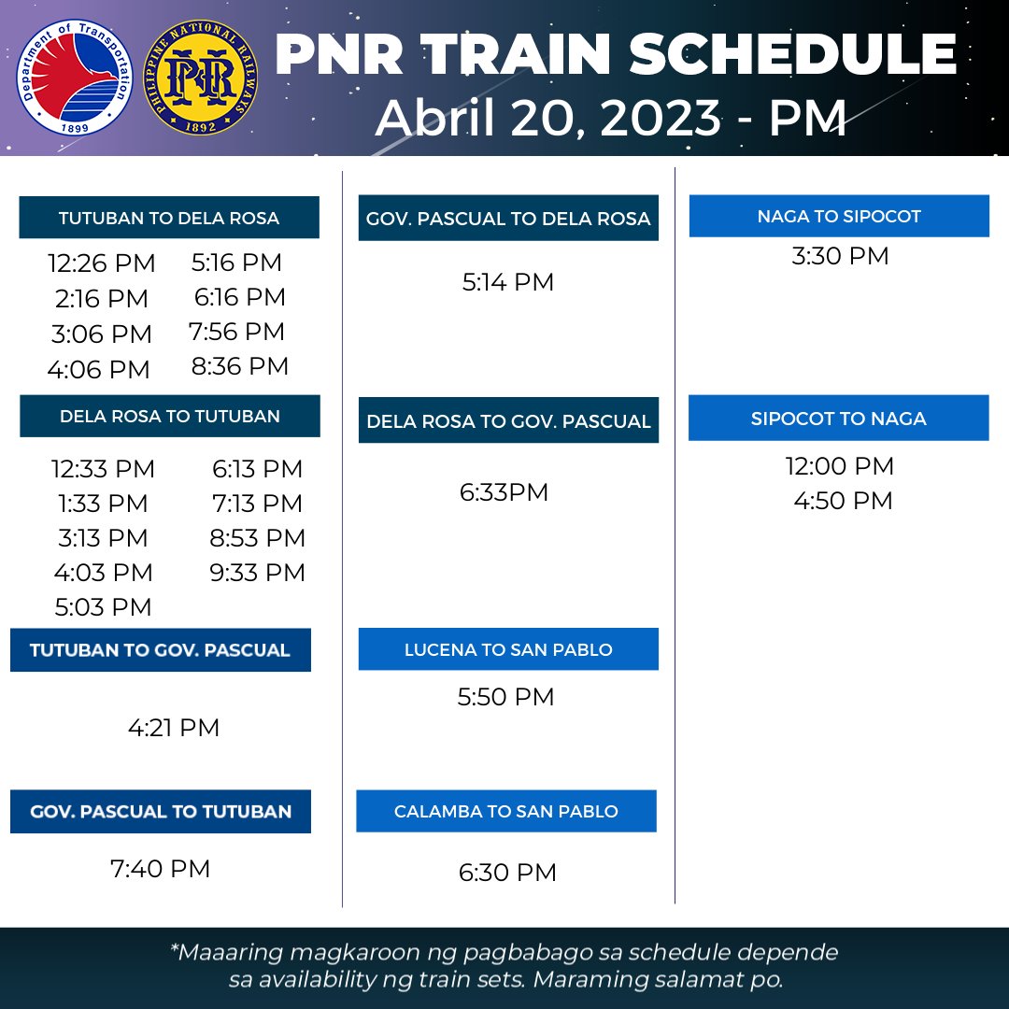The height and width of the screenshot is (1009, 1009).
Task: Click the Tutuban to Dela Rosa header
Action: pos(169,218)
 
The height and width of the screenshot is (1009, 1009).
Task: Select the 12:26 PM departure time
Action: pos(102,263)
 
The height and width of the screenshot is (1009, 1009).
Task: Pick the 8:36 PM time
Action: pos(240,366)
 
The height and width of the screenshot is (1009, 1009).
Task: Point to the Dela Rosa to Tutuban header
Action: pos(170,416)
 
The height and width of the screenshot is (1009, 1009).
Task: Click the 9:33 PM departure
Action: pos(258,572)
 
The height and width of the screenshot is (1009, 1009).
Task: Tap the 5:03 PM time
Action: pos(103,607)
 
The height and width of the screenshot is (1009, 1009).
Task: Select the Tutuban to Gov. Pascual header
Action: pos(160,650)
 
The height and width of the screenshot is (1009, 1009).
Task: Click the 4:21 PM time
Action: pos(174,728)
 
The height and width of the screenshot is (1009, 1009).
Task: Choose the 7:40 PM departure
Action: pos(161,869)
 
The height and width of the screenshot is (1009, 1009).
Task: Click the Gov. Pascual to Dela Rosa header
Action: pos(508,219)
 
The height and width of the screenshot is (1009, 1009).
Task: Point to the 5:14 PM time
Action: pos(508,282)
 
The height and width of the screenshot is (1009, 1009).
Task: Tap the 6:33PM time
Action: pos(504,492)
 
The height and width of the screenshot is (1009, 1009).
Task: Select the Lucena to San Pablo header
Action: pos(508,649)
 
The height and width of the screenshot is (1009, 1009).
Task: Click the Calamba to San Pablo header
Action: pos(506,811)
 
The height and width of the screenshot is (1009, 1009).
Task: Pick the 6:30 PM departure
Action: pos(507,873)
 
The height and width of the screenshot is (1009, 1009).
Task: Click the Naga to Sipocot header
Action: pos(839,216)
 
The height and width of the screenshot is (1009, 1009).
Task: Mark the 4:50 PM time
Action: pos(844,501)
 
